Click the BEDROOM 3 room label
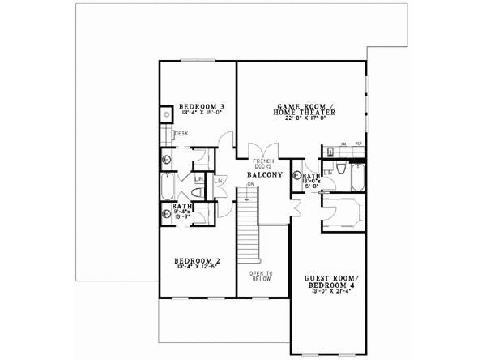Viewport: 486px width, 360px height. click(x=202, y=107)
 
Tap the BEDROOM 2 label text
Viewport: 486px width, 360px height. click(x=198, y=260)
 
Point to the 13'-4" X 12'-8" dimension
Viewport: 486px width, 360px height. click(x=198, y=268)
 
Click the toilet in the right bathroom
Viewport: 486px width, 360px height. click(x=341, y=170)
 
